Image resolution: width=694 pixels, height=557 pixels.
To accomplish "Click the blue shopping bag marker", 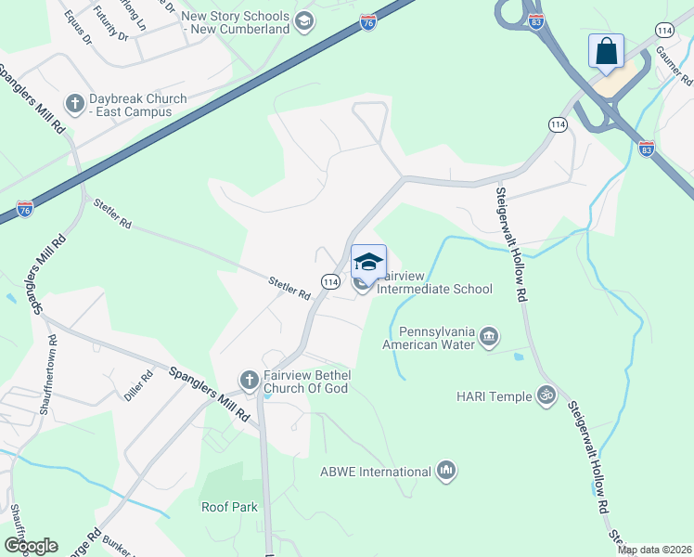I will tap(606, 51).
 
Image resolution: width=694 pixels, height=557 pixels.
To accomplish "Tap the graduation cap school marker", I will tap(368, 262).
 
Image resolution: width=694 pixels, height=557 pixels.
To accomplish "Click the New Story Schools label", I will tap(236, 22).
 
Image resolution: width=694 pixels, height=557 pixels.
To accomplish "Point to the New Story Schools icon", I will tap(303, 21).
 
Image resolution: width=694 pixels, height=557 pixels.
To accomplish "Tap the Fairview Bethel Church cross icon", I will tap(249, 380).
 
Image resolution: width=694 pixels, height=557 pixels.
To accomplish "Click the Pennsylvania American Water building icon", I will tap(490, 335).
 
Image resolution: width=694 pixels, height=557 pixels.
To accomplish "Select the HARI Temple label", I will tap(495, 396).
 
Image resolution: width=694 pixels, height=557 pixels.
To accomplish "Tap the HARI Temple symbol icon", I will tap(547, 395).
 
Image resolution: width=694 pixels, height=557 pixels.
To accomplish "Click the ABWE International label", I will tap(375, 472).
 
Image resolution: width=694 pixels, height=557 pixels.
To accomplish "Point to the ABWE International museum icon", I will tap(446, 471).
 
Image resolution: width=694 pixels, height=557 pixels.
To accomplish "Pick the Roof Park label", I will tap(229, 507).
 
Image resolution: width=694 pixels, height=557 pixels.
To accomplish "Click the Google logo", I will tap(31, 546).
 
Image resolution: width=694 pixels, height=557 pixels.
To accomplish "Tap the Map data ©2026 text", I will tap(654, 550).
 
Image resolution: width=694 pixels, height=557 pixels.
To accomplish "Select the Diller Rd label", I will tap(138, 387).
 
